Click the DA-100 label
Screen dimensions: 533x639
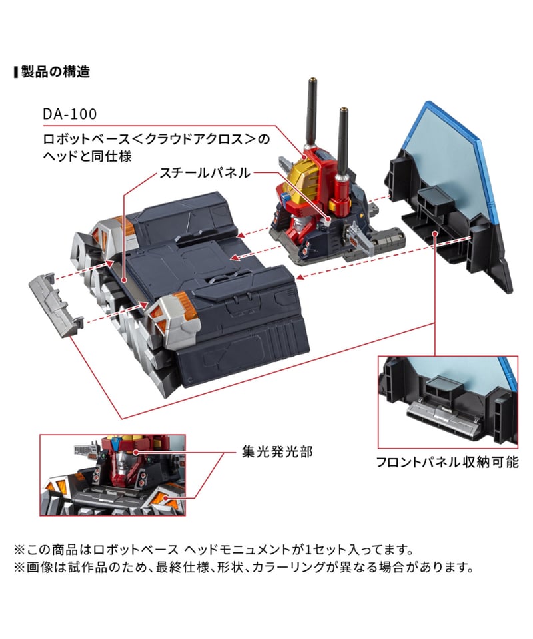[70, 114]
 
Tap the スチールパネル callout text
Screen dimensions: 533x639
[205, 173]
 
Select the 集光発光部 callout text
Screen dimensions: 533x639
[277, 451]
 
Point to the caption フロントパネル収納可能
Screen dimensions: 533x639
[447, 462]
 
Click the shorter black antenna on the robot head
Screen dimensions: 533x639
[343, 143]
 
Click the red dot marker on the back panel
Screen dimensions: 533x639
[436, 234]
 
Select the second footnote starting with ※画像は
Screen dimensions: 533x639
[244, 567]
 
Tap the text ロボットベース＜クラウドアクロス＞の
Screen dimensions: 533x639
[156, 139]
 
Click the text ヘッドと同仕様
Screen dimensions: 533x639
[87, 156]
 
